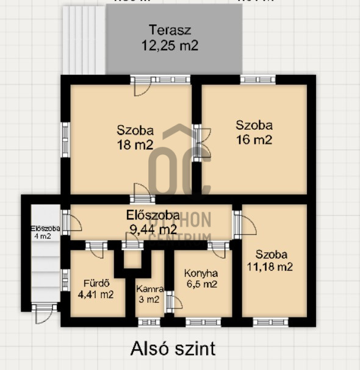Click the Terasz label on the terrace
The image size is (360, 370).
coord(170,30)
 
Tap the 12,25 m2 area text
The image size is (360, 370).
coord(170,45)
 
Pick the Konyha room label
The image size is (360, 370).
coord(201,273)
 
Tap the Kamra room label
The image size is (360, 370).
coord(148,289)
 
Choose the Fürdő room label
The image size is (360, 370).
coord(96,283)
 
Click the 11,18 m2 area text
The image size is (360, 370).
coord(271,266)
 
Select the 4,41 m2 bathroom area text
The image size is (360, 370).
coord(96,294)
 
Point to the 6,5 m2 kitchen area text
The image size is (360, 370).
coord(201,284)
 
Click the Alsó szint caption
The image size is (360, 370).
coord(173,349)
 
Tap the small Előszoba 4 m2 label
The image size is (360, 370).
coord(45,232)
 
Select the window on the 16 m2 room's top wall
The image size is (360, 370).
coord(257,79)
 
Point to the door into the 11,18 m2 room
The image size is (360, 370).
coord(237,224)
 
